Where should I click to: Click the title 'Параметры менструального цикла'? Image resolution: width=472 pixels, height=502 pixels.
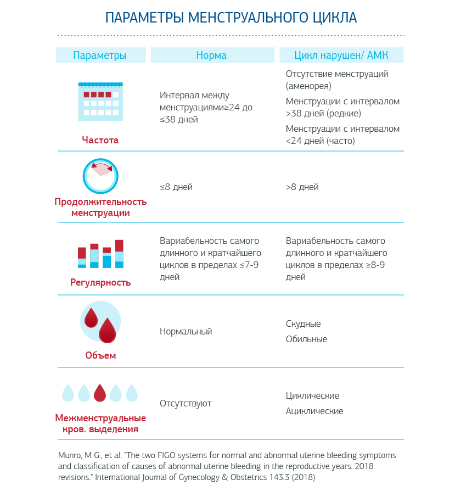point(231,18)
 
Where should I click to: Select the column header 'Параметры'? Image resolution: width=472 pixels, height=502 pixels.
point(100,55)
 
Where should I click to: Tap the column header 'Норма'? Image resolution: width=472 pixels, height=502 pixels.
point(211,55)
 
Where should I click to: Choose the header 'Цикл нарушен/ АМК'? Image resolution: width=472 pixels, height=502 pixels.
point(341,55)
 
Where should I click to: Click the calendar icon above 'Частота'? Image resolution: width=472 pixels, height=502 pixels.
point(100,101)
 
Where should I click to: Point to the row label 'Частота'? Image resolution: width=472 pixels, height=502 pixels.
point(100,140)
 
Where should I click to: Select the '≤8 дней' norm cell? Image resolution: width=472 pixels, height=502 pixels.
point(176,187)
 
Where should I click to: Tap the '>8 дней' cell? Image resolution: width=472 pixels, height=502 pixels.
point(302,187)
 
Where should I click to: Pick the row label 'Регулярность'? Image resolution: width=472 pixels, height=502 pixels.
point(100,283)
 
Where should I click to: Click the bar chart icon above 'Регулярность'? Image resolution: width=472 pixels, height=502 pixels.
point(100,254)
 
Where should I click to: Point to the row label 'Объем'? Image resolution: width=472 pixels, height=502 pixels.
point(100,355)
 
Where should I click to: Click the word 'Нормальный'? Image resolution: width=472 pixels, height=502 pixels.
point(186,332)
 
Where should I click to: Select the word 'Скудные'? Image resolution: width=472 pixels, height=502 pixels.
point(303,324)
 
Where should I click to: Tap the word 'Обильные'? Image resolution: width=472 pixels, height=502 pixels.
point(306,339)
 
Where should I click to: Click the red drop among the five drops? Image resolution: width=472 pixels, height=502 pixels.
point(100,393)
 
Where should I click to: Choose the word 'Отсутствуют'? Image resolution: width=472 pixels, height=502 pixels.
point(186,404)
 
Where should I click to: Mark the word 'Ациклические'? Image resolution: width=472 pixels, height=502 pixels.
point(314,411)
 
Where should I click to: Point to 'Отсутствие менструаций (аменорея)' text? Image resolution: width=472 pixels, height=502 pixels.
point(337,80)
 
